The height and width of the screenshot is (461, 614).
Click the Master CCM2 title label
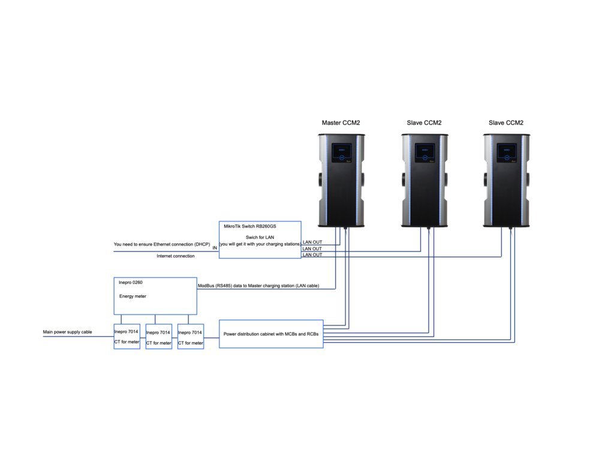tap(341, 122)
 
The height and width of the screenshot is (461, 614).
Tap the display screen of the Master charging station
tap(341, 153)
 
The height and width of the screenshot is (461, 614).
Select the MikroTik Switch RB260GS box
tap(260, 240)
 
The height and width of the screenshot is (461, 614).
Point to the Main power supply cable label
tap(67, 332)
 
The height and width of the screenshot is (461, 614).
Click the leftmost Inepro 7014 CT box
tap(127, 336)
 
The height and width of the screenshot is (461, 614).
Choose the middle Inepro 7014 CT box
tap(158, 337)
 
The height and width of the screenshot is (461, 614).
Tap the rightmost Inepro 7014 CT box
tap(191, 337)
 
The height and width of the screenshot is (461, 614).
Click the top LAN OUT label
tap(312, 243)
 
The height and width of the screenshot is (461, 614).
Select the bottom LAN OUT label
tap(312, 255)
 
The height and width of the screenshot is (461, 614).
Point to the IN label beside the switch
tap(215, 248)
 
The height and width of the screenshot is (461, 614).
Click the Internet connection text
tap(176, 256)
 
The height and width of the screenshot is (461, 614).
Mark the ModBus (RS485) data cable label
tap(258, 286)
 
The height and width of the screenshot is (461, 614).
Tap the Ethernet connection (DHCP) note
tap(162, 244)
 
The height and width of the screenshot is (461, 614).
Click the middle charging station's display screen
tap(425, 153)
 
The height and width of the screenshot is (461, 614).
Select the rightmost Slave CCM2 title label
tap(506, 122)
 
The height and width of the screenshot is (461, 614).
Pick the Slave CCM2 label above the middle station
tap(424, 122)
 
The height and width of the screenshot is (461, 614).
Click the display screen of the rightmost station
tap(507, 153)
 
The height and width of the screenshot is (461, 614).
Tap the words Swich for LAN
tap(260, 237)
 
